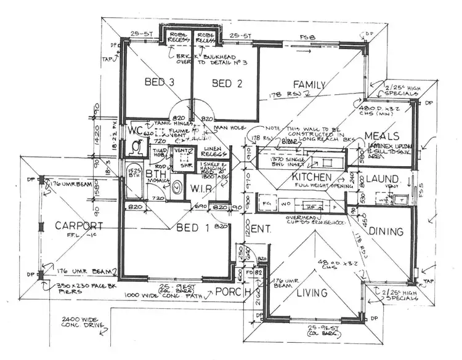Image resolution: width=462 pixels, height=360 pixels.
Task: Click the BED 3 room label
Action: pos(158,82)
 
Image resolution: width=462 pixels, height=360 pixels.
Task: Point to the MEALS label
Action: pos(383,136)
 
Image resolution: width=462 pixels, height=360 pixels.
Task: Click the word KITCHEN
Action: pos(278,177)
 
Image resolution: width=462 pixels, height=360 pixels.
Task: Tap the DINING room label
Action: pos(386,231)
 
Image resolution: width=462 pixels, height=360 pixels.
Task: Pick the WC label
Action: pos(136,130)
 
